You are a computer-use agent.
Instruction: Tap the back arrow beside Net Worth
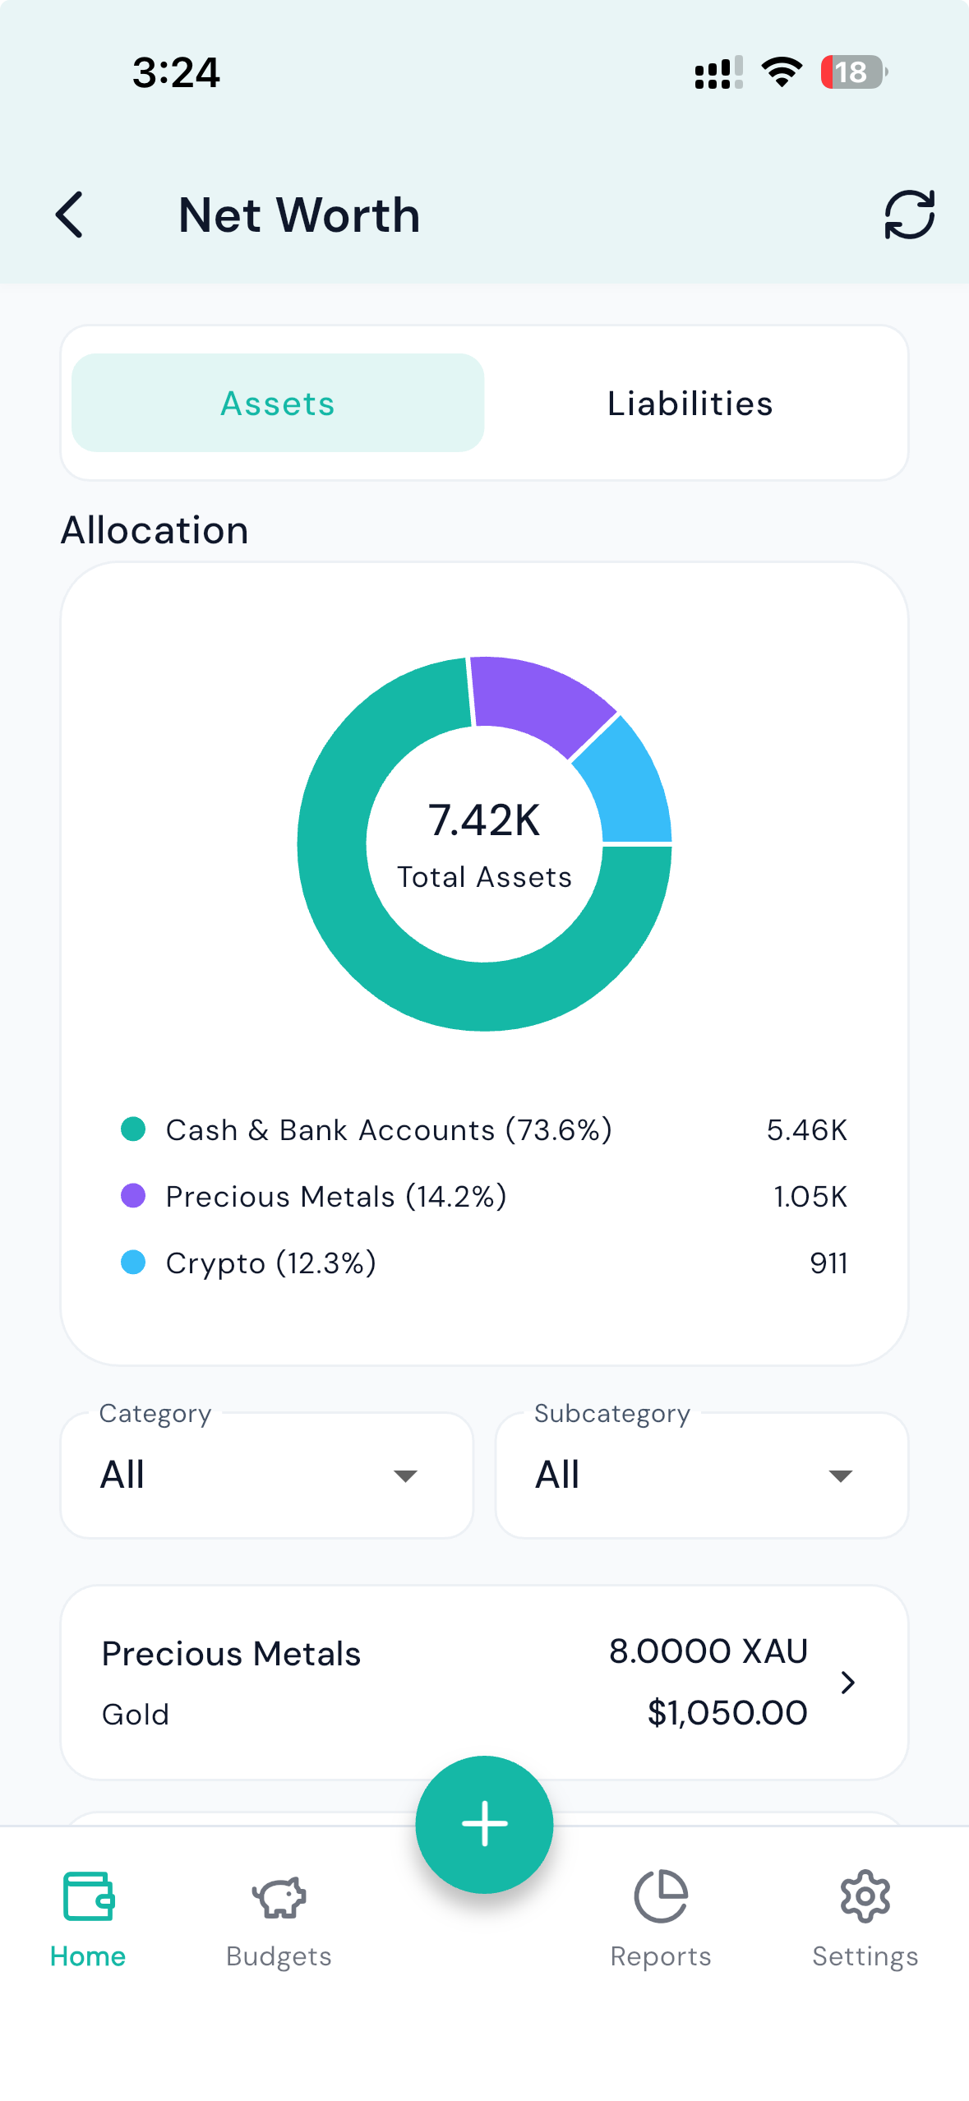70,215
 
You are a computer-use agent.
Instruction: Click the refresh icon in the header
909,215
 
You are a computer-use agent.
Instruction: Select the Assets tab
278,403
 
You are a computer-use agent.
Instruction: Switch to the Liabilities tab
690,403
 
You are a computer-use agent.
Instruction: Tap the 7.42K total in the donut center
484,820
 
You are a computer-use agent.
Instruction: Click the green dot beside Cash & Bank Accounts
133,1129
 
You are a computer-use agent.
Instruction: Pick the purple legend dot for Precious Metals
133,1196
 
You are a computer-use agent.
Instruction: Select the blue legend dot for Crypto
133,1263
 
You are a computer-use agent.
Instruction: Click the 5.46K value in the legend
806,1130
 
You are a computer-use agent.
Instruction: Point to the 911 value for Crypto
828,1263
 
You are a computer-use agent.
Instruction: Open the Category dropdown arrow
405,1476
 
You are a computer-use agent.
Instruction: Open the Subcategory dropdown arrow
840,1476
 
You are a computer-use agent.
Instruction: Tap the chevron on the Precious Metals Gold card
848,1683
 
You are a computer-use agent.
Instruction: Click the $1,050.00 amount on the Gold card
727,1713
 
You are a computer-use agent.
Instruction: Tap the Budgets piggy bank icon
279,1897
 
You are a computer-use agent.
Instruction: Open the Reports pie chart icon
661,1896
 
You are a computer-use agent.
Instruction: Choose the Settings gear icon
865,1896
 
